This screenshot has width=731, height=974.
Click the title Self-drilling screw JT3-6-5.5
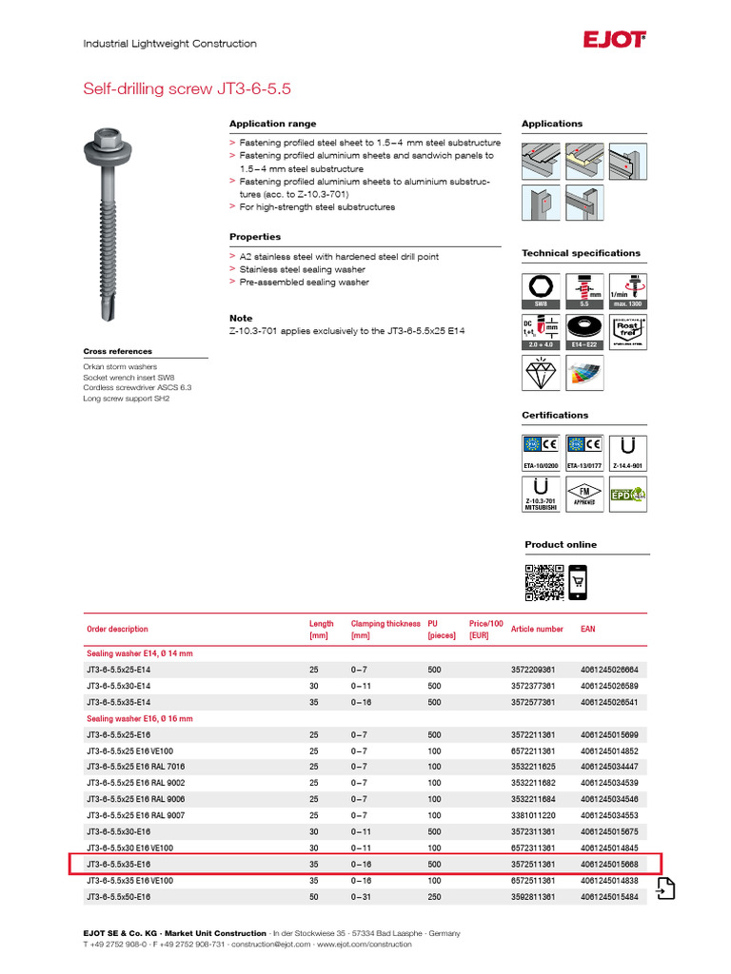coord(188,88)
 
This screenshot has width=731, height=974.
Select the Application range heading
coord(273,124)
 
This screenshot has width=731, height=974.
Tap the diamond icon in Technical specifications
coord(541,373)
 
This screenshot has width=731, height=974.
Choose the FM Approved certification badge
coord(584,496)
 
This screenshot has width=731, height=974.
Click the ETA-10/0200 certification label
coord(541,466)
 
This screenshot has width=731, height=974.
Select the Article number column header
coord(537,629)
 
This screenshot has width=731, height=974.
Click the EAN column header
coord(588,629)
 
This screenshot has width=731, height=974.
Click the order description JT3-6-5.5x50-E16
coord(118,897)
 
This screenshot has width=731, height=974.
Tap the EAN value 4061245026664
coord(609,670)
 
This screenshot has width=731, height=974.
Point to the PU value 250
coord(435,897)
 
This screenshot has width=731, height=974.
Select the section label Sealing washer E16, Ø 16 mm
coord(140,718)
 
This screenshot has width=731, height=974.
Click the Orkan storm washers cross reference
coord(120,366)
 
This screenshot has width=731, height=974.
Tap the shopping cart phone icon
coord(578,581)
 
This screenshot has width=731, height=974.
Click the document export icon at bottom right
coord(665,887)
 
